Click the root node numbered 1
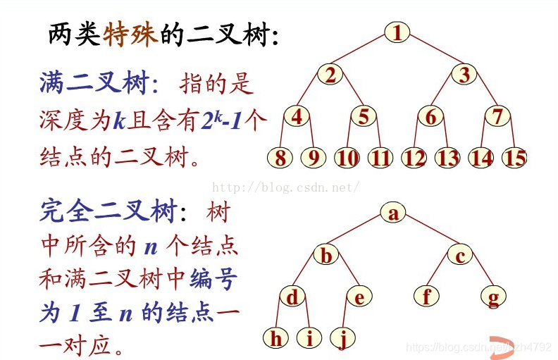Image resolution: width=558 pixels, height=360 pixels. pyautogui.click(x=397, y=32)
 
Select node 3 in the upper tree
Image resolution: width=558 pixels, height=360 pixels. pyautogui.click(x=464, y=75)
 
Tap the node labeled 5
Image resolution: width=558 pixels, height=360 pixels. pyautogui.click(x=364, y=116)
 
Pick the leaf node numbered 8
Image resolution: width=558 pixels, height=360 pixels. pyautogui.click(x=280, y=158)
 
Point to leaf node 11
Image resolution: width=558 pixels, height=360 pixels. pyautogui.click(x=380, y=158)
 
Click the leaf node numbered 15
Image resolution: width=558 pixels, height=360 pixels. pyautogui.click(x=515, y=158)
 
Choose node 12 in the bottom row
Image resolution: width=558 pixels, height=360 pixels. pyautogui.click(x=414, y=158)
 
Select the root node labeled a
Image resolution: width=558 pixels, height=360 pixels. pyautogui.click(x=393, y=213)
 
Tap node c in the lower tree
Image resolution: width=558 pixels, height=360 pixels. pyautogui.click(x=459, y=256)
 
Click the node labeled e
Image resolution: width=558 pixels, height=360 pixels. pyautogui.click(x=359, y=297)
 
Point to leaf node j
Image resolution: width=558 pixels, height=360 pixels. pyautogui.click(x=342, y=339)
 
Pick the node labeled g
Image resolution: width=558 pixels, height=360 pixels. pyautogui.click(x=493, y=297)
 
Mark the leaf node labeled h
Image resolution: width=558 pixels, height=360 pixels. pyautogui.click(x=277, y=339)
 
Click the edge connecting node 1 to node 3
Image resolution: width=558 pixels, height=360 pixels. pyautogui.click(x=431, y=52)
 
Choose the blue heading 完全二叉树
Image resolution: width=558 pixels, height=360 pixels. pyautogui.click(x=106, y=210)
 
